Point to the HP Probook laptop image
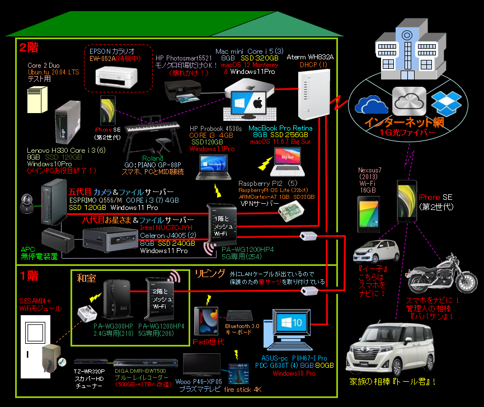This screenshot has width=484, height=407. [x=213, y=166]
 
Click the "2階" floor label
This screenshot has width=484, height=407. [x=29, y=48]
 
